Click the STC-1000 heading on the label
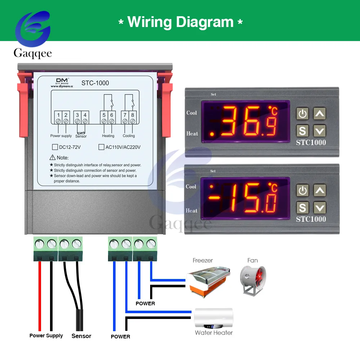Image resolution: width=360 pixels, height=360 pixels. pyautogui.click(x=95, y=83)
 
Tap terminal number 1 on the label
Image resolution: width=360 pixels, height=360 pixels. pyautogui.click(x=58, y=115)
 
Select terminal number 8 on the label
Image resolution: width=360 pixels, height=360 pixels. pyautogui.click(x=132, y=115)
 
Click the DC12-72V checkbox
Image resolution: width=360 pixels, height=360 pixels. pyautogui.click(x=55, y=147)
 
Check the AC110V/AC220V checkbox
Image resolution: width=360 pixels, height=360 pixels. pyautogui.click(x=101, y=147)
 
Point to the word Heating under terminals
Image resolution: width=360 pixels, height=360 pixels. pyautogui.click(x=108, y=136)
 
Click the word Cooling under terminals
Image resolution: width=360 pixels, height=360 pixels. pyautogui.click(x=129, y=136)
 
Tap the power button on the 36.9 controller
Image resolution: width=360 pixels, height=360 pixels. pyautogui.click(x=302, y=114)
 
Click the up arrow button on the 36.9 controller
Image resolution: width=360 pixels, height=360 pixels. pyautogui.click(x=320, y=114)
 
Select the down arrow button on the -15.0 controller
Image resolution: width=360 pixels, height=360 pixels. pyautogui.click(x=320, y=207)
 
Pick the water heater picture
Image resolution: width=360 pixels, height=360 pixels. pyautogui.click(x=213, y=318)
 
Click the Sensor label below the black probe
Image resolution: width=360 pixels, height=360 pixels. pyautogui.click(x=81, y=336)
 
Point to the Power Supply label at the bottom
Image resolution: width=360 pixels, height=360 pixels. pyautogui.click(x=46, y=336)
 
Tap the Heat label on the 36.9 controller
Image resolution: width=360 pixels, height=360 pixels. pyautogui.click(x=192, y=134)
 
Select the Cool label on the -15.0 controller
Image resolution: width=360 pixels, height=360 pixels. pyautogui.click(x=191, y=186)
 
